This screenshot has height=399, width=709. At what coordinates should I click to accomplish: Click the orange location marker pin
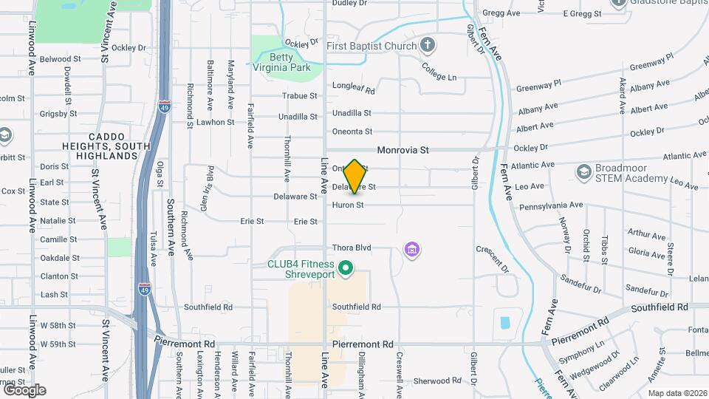[x=354, y=176]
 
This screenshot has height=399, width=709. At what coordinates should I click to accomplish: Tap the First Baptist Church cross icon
[x=427, y=46]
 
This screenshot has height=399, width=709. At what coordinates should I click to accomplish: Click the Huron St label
[x=348, y=205]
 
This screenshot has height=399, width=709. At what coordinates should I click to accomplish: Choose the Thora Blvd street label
[x=351, y=248]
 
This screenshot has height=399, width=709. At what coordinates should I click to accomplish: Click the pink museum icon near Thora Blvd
[x=412, y=250]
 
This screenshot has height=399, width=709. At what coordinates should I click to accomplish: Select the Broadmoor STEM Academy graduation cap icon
[x=583, y=171]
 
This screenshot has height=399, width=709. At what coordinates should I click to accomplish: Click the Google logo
[x=24, y=389]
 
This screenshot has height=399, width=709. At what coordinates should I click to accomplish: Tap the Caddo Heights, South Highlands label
[x=114, y=146]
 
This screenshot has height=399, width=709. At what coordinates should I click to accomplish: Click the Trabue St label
[x=299, y=96]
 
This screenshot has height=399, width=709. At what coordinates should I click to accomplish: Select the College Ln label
[x=439, y=72]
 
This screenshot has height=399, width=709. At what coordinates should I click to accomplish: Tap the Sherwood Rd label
[x=437, y=381]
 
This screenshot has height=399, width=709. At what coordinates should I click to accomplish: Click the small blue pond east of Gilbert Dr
[x=505, y=323]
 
